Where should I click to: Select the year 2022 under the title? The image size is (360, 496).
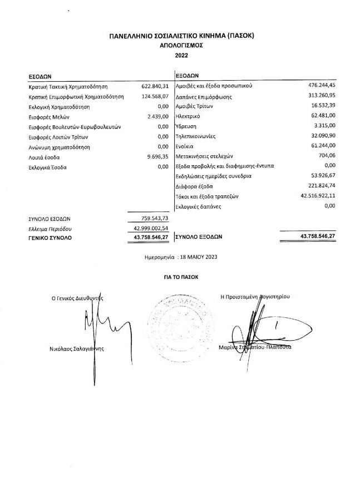(x=182, y=56)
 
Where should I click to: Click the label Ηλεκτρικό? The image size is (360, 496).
(x=188, y=116)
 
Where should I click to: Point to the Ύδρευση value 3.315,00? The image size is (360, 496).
(x=324, y=126)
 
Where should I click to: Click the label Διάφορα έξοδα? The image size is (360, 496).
(x=194, y=186)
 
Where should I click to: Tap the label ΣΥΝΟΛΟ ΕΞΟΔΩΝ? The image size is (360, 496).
(x=199, y=237)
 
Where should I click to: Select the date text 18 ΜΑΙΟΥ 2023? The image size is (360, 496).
(x=197, y=258)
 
